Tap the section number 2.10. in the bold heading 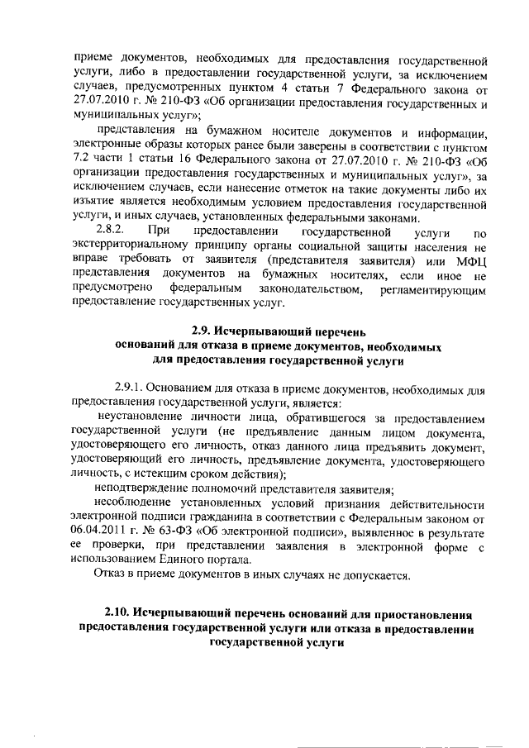tap(119, 615)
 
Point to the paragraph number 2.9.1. tap(132, 388)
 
